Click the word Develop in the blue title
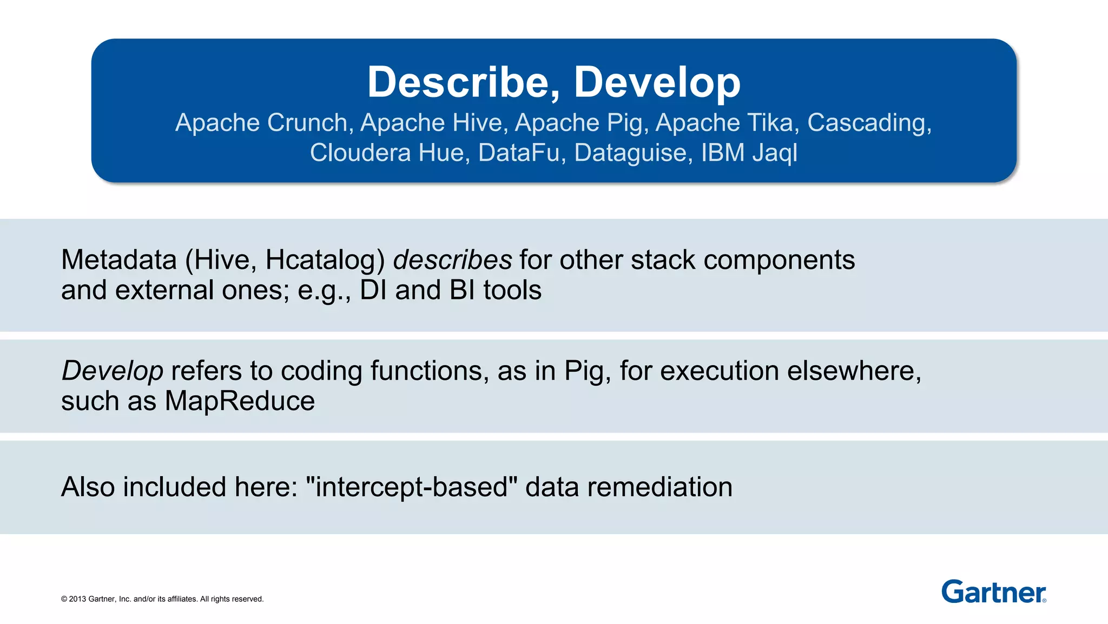657,82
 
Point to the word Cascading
868,123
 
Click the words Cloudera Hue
387,153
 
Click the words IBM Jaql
749,153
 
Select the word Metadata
119,260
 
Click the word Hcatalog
324,260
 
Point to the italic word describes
452,260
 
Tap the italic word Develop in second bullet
112,371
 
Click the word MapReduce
240,401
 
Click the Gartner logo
993,591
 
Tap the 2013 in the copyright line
77,599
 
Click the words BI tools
495,290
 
